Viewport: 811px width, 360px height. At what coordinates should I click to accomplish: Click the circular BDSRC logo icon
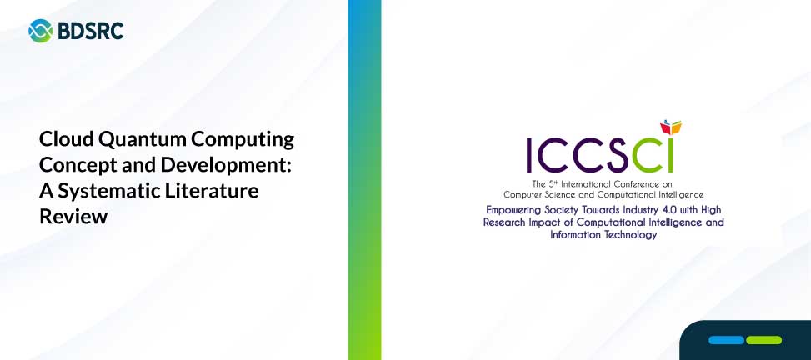tap(40, 31)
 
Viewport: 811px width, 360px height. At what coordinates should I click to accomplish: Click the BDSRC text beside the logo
tap(91, 31)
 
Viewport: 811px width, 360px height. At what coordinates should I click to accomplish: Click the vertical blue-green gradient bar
tap(364, 180)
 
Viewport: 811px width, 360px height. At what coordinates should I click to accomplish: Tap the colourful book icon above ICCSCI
tap(671, 127)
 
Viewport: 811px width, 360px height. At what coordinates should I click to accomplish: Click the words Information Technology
tap(603, 235)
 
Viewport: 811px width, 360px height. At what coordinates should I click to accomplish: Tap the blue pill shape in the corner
tap(726, 340)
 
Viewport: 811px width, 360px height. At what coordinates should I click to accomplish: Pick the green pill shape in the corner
tap(764, 340)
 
